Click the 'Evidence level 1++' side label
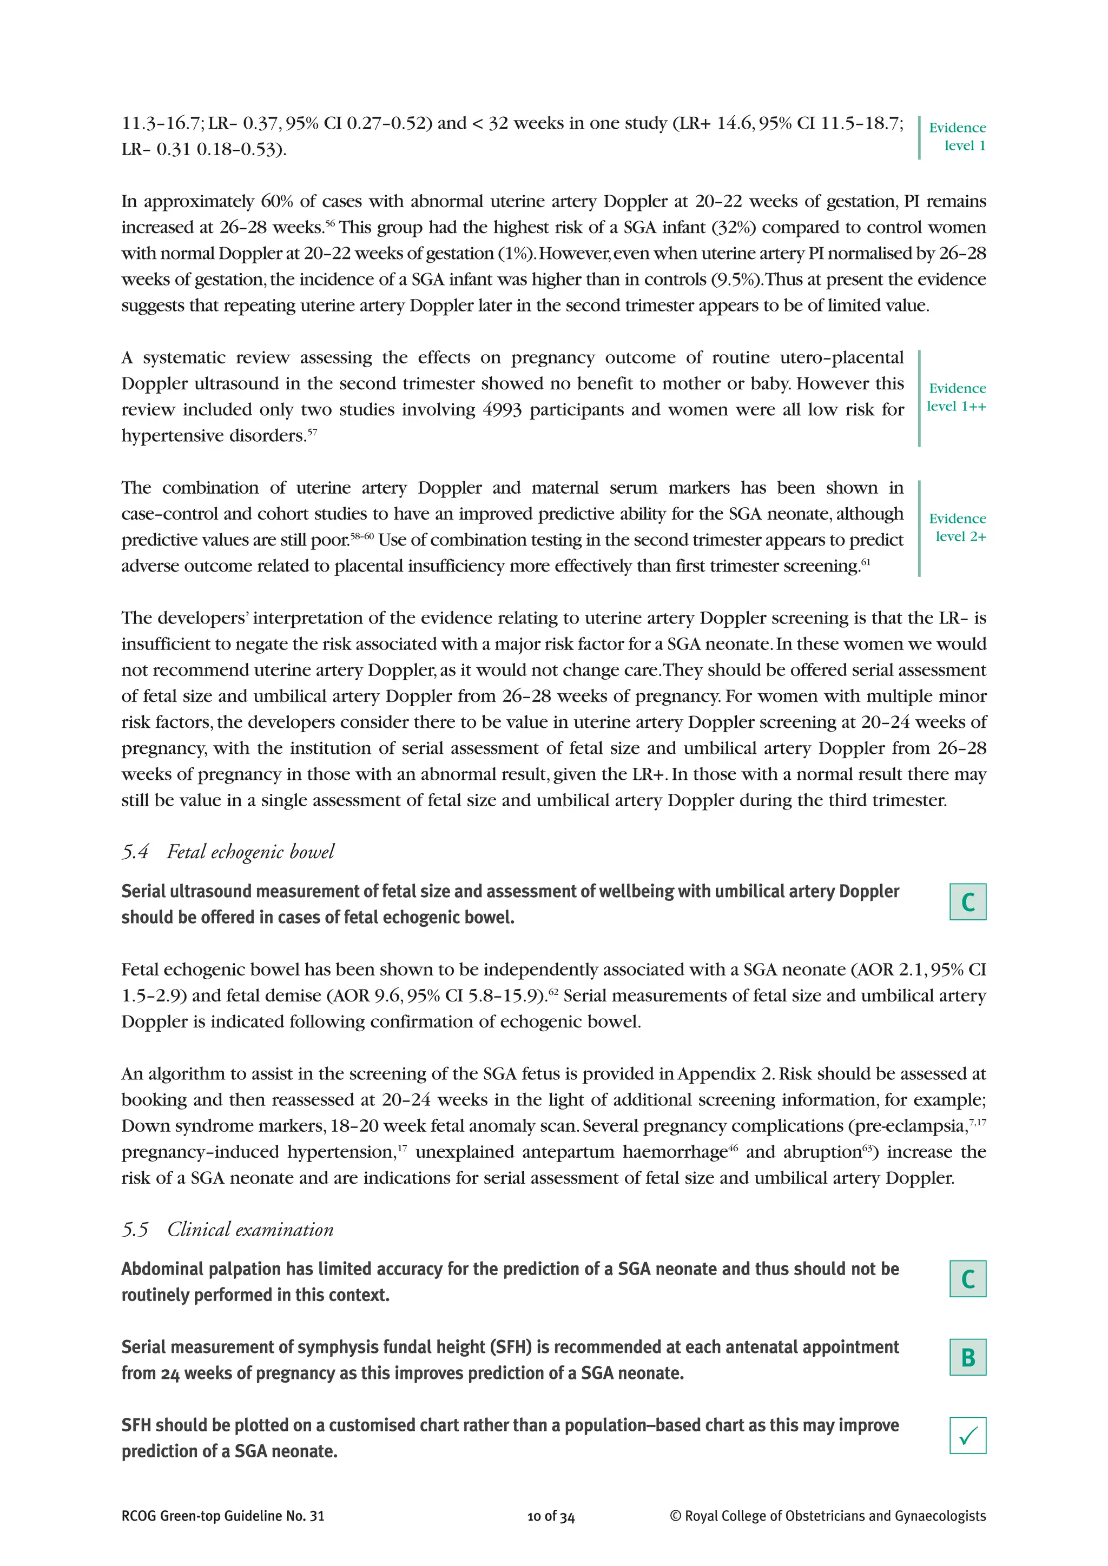pyautogui.click(x=957, y=397)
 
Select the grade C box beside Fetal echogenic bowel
pyautogui.click(x=967, y=901)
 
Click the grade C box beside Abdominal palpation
pyautogui.click(x=967, y=1279)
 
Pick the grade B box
pyautogui.click(x=967, y=1357)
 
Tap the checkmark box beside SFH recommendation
pyautogui.click(x=967, y=1436)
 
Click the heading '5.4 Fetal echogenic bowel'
pyautogui.click(x=228, y=852)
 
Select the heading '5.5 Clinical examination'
pyautogui.click(x=228, y=1230)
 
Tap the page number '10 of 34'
pyautogui.click(x=551, y=1516)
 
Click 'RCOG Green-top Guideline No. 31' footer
pyautogui.click(x=223, y=1516)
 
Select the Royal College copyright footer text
pyautogui.click(x=828, y=1516)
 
